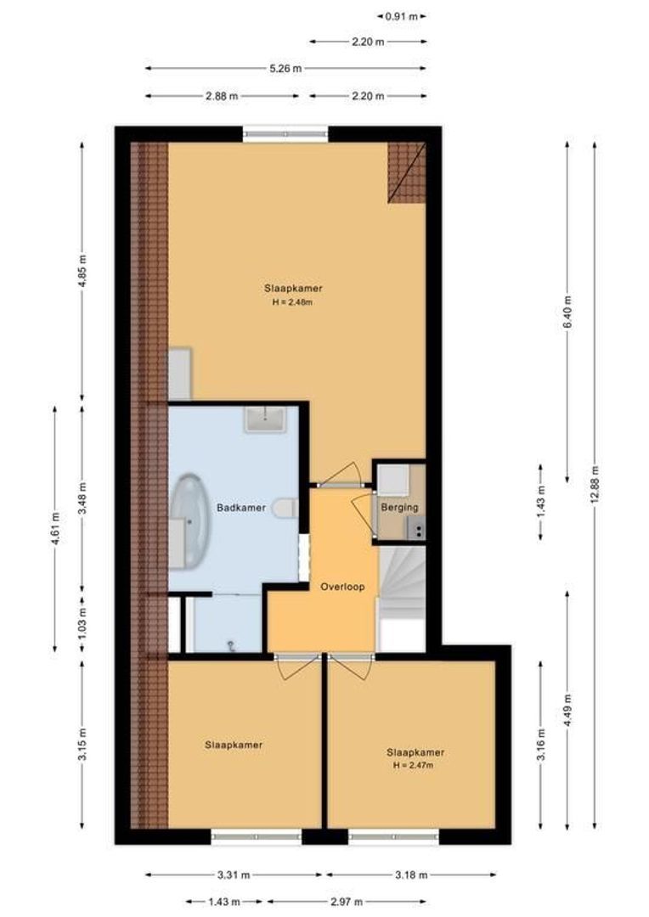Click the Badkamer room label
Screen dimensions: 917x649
click(x=241, y=508)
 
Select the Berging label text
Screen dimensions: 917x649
click(x=399, y=508)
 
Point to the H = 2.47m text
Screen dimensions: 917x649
click(x=414, y=765)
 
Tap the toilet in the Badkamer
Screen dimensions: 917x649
click(x=285, y=508)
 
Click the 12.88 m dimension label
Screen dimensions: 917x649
click(x=595, y=484)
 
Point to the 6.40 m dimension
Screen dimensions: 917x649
click(x=567, y=312)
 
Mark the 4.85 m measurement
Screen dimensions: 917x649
click(x=82, y=272)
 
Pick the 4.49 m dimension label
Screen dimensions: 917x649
click(x=567, y=706)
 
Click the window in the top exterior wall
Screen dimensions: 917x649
click(x=285, y=133)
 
